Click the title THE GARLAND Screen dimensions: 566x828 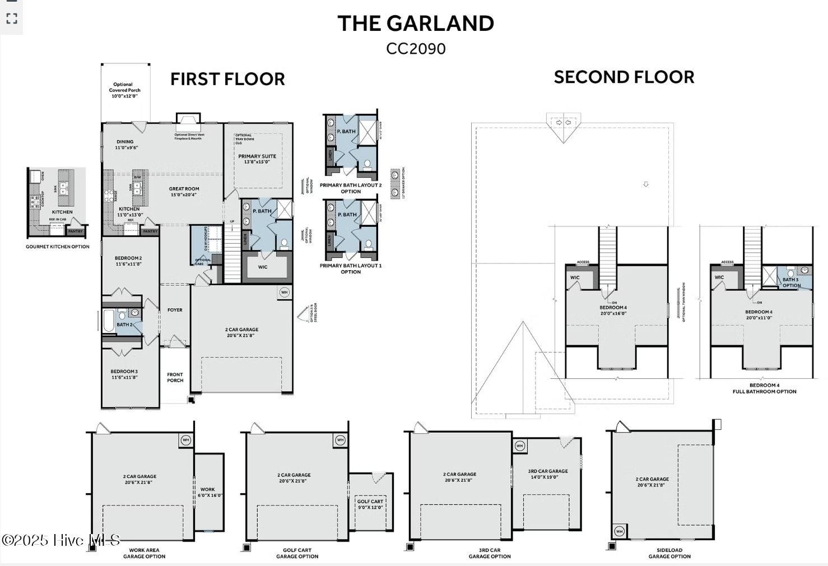[x=416, y=24]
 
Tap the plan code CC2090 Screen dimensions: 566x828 [x=416, y=49]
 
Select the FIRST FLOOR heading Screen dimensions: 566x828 [x=227, y=79]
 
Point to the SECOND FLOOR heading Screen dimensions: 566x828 [x=624, y=77]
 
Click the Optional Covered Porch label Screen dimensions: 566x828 [x=124, y=90]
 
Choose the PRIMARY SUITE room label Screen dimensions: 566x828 [x=257, y=159]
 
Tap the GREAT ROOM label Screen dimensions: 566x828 [x=184, y=192]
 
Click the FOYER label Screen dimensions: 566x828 [x=175, y=310]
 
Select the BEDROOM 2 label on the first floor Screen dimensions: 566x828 [x=128, y=261]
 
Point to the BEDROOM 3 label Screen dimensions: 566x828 [x=124, y=374]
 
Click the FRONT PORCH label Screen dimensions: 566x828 [x=175, y=378]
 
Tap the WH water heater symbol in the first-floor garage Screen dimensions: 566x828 [x=284, y=293]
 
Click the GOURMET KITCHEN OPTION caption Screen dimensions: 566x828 [x=58, y=247]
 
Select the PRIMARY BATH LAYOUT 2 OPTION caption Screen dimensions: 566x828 [x=351, y=188]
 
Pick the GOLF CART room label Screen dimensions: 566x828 [x=370, y=504]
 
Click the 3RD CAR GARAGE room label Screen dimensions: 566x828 [x=548, y=474]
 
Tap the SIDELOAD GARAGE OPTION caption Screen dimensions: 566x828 [x=669, y=553]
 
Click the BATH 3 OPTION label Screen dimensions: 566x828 [x=791, y=282]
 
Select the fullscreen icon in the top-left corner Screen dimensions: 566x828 [x=12, y=19]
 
